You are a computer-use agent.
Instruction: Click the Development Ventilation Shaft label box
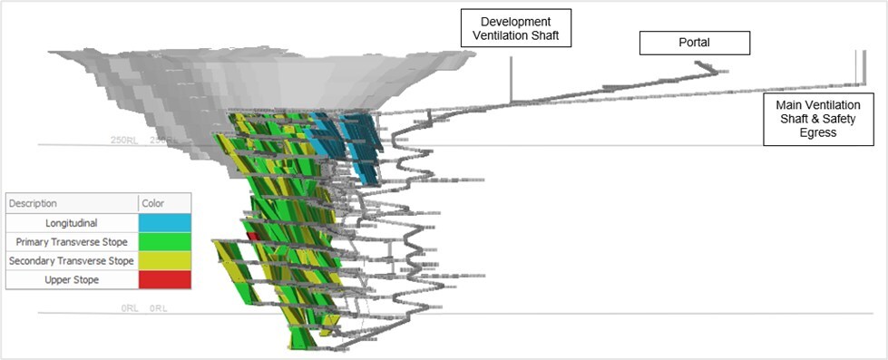coord(516,28)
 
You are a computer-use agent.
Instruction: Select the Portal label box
coord(695,43)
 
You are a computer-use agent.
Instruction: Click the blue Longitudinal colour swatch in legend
coord(164,223)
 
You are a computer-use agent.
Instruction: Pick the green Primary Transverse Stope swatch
coord(164,242)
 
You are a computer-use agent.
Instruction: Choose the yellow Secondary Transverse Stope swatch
coord(164,261)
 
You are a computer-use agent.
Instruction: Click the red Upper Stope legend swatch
coord(164,280)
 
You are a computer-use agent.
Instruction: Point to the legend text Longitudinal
coord(73,223)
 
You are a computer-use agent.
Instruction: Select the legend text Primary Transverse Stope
coord(73,242)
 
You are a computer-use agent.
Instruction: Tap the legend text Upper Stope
coord(73,280)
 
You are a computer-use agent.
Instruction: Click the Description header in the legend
coord(33,204)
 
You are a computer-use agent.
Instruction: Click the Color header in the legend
coord(154,204)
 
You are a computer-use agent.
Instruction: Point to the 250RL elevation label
coord(123,141)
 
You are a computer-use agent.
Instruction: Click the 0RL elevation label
coord(132,309)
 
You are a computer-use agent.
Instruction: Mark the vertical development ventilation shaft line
coord(511,77)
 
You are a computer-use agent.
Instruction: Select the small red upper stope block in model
coord(253,237)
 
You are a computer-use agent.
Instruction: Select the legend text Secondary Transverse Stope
coord(73,261)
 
